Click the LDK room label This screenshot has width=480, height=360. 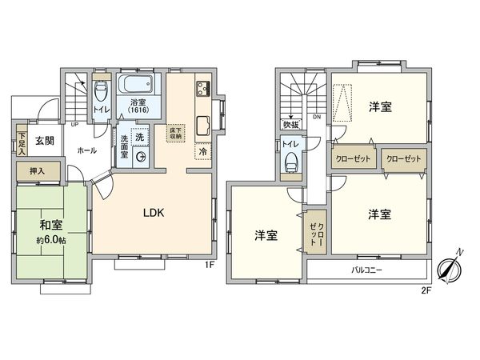(x=154, y=214)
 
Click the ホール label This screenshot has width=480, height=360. (x=87, y=150)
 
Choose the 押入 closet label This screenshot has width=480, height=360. (x=37, y=170)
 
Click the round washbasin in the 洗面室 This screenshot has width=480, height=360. (x=142, y=158)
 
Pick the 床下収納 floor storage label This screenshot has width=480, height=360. (x=175, y=133)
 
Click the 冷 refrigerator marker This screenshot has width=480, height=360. (x=202, y=151)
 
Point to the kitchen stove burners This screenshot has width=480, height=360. (x=202, y=89)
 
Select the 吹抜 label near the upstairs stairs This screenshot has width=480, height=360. (x=290, y=126)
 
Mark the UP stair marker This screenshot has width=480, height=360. (x=74, y=124)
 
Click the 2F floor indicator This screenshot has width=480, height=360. (x=426, y=290)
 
